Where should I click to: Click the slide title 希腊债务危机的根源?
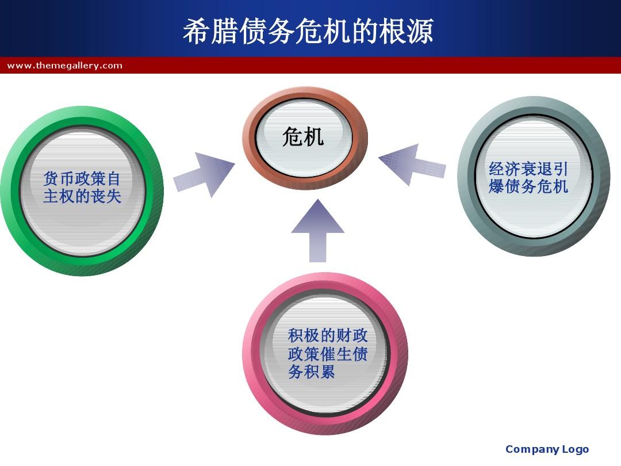tap(308, 31)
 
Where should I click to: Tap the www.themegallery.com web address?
tap(65, 66)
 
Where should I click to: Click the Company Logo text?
tap(547, 449)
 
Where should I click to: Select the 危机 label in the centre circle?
tap(303, 137)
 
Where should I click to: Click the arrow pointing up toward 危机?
tap(317, 230)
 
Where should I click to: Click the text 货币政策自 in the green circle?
tap(82, 178)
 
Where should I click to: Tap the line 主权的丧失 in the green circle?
tap(82, 196)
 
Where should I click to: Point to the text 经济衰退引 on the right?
tap(528, 169)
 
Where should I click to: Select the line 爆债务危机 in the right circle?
tap(528, 186)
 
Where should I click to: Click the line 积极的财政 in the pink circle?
tap(328, 335)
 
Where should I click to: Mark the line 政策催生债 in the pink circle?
tap(328, 354)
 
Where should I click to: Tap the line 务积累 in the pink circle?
tap(312, 372)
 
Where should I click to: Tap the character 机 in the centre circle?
tap(314, 137)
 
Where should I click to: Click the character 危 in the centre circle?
tap(292, 137)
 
